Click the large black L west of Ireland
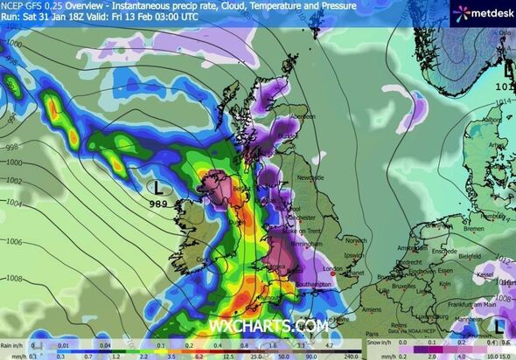tap(157, 186)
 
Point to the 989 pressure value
tap(158, 203)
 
